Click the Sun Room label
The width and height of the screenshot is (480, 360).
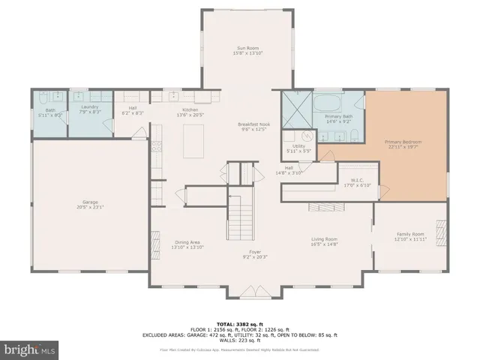coord(247,50)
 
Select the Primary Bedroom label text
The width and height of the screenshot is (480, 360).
coord(403,145)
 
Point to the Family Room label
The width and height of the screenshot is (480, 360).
coord(410,236)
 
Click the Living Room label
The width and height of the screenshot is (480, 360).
coord(325,241)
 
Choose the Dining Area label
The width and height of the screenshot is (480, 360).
coord(187,244)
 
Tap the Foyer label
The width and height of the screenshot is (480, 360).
coord(255,254)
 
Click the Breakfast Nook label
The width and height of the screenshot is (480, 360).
coord(253,127)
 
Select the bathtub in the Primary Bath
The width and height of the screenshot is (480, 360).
coord(336,102)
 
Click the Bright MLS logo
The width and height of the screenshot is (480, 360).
coord(30,349)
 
